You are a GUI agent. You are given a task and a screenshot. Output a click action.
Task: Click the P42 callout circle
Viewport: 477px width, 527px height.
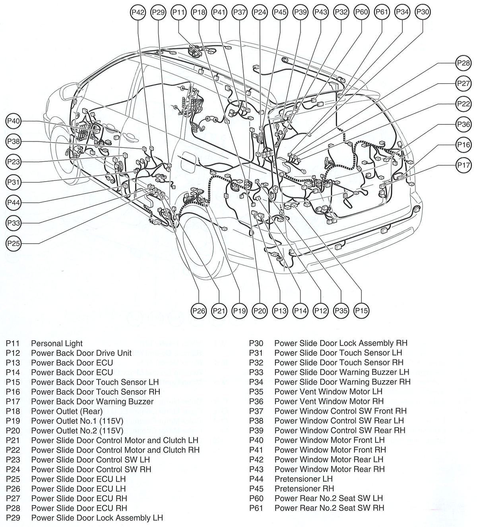pyautogui.click(x=138, y=12)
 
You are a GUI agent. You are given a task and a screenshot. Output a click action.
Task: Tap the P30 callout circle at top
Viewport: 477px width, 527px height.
pyautogui.click(x=422, y=12)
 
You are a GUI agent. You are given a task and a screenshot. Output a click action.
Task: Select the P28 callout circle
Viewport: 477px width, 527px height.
pyautogui.click(x=463, y=63)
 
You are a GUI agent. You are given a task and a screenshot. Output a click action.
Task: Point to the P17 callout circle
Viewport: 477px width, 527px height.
pyautogui.click(x=463, y=165)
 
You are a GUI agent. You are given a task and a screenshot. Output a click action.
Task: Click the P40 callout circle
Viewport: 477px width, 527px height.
pyautogui.click(x=14, y=121)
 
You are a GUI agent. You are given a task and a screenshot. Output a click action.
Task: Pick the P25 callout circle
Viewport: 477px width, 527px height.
pyautogui.click(x=14, y=243)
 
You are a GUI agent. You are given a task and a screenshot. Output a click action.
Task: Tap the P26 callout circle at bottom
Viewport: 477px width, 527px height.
pyautogui.click(x=199, y=310)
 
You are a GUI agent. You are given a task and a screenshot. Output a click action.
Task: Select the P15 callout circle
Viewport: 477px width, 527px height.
pyautogui.click(x=361, y=310)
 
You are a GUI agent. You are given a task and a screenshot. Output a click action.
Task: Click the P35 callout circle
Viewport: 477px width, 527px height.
pyautogui.click(x=341, y=310)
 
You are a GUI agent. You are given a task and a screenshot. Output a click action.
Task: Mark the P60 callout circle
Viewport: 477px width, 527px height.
pyautogui.click(x=361, y=12)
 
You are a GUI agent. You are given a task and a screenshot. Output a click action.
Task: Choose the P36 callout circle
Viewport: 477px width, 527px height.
pyautogui.click(x=463, y=124)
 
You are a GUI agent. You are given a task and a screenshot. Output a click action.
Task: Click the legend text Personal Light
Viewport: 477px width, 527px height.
pyautogui.click(x=57, y=343)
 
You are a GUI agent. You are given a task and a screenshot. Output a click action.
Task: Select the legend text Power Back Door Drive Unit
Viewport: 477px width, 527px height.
pyautogui.click(x=81, y=353)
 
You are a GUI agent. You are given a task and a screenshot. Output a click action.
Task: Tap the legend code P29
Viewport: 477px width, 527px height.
pyautogui.click(x=13, y=518)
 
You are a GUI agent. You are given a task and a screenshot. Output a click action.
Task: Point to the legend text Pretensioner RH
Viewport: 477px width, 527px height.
pyautogui.click(x=304, y=489)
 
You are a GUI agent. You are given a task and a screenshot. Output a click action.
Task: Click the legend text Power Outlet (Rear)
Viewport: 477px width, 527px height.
pyautogui.click(x=67, y=411)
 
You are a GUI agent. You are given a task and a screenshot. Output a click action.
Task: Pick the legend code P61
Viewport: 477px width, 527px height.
pyautogui.click(x=256, y=508)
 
